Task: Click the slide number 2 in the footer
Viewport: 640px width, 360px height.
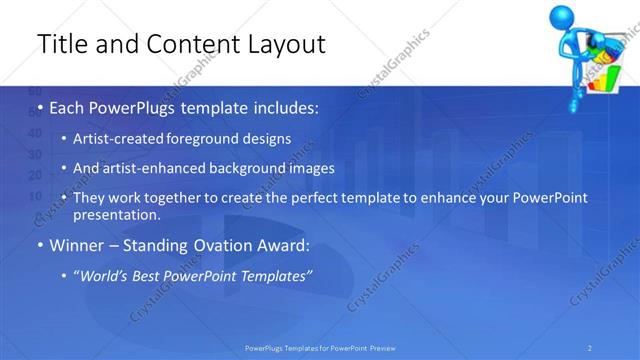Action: click(x=591, y=348)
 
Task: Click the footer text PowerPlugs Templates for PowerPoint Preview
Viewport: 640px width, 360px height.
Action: click(x=320, y=348)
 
